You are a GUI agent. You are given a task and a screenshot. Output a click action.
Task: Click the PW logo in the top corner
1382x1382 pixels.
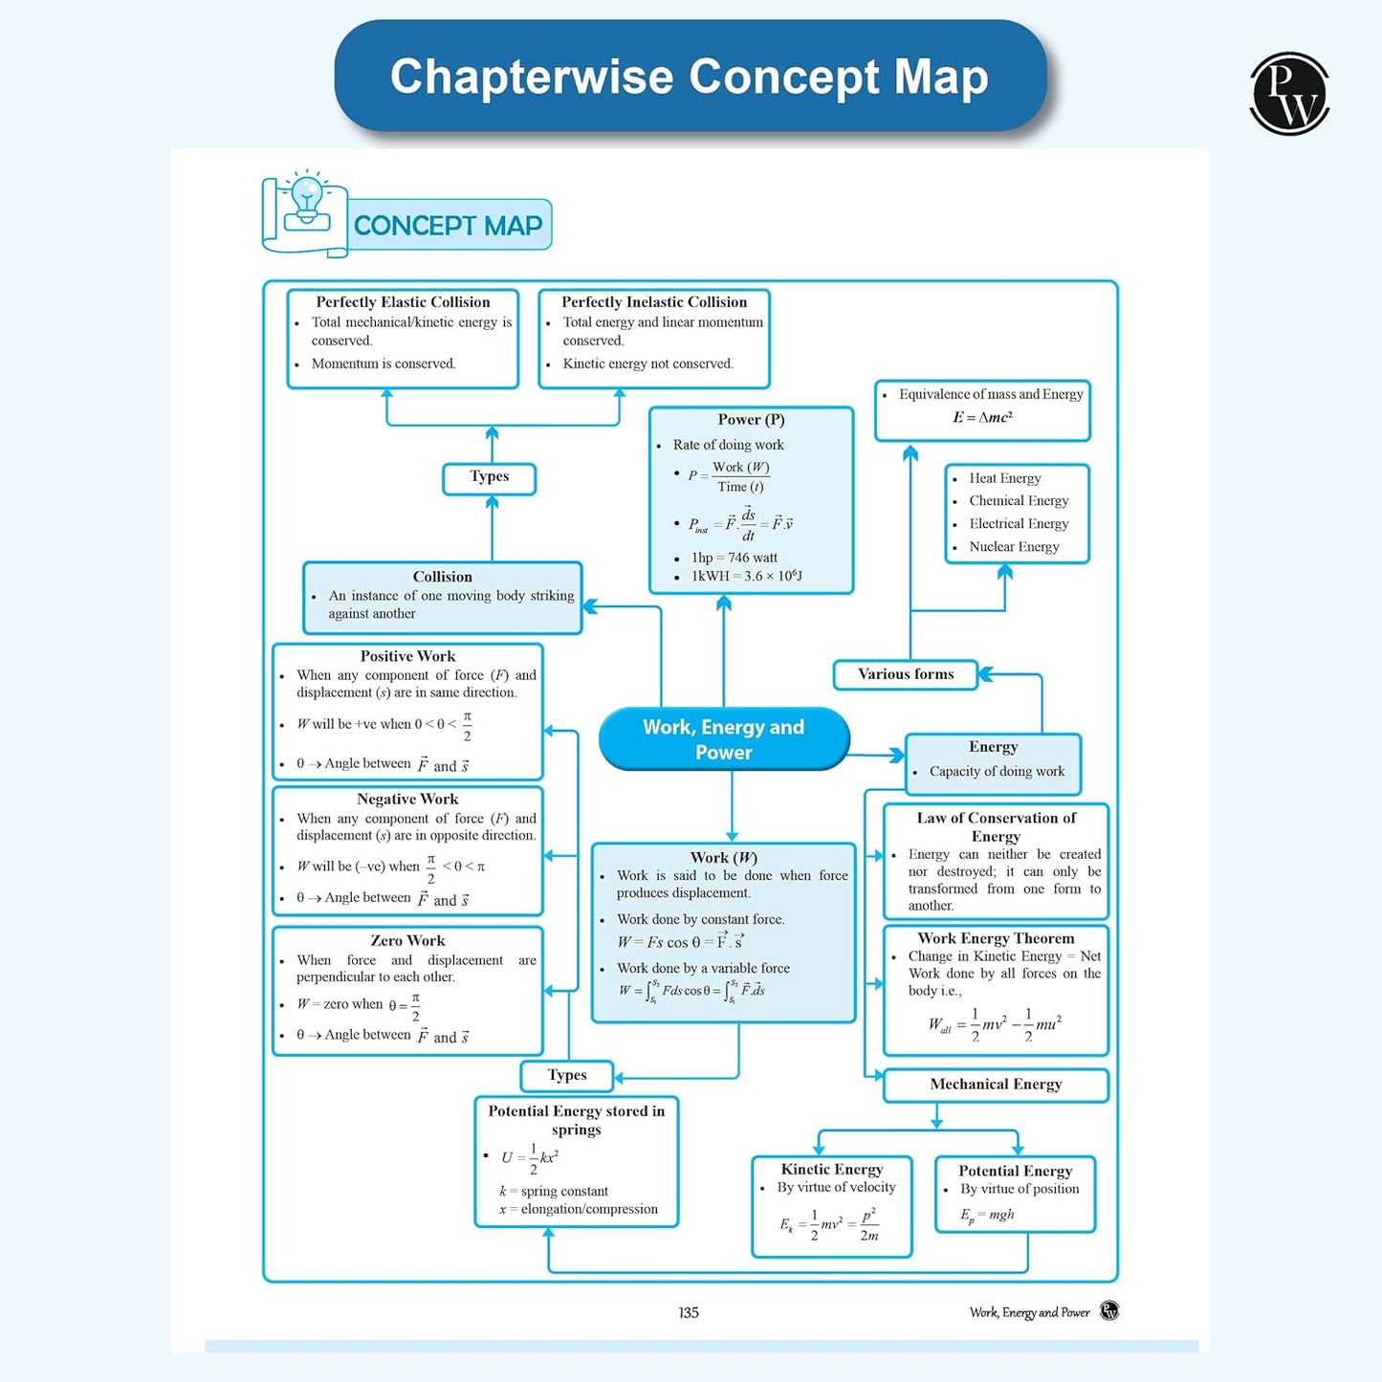pyautogui.click(x=1289, y=94)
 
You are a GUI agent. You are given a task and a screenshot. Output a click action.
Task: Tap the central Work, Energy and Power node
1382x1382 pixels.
pyautogui.click(x=723, y=739)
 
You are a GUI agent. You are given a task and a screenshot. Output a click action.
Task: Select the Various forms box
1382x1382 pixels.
pyautogui.click(x=906, y=674)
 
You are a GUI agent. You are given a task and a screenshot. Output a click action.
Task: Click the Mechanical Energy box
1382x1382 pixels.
pyautogui.click(x=996, y=1085)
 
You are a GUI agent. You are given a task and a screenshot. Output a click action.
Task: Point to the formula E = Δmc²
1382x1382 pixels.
pyautogui.click(x=982, y=418)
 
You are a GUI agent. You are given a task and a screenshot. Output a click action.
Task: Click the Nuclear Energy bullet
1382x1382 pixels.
pyautogui.click(x=1014, y=547)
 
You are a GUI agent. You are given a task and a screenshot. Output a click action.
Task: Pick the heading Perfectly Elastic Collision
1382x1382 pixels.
pyautogui.click(x=403, y=302)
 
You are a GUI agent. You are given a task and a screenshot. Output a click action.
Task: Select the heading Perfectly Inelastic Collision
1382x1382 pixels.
pyautogui.click(x=654, y=302)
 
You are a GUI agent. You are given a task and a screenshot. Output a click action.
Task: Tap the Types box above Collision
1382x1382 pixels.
pyautogui.click(x=489, y=477)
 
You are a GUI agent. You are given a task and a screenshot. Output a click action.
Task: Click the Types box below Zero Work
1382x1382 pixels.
pyautogui.click(x=567, y=1076)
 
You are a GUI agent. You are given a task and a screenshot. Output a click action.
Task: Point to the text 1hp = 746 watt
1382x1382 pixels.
pyautogui.click(x=735, y=558)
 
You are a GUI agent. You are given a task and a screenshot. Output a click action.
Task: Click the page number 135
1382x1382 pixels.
pyautogui.click(x=689, y=1313)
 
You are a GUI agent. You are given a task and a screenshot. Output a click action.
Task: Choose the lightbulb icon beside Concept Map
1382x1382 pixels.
pyautogui.click(x=307, y=199)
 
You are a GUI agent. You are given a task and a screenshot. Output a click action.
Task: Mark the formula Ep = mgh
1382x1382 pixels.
pyautogui.click(x=988, y=1216)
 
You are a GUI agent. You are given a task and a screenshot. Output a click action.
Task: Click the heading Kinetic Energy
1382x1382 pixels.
pyautogui.click(x=832, y=1170)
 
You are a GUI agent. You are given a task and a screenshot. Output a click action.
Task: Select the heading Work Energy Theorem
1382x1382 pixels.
pyautogui.click(x=996, y=939)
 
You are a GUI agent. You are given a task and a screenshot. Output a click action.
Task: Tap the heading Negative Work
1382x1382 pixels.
pyautogui.click(x=407, y=800)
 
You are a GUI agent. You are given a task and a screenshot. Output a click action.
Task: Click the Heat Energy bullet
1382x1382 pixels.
pyautogui.click(x=1005, y=478)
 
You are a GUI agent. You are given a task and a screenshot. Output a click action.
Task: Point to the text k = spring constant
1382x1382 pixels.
pyautogui.click(x=554, y=1192)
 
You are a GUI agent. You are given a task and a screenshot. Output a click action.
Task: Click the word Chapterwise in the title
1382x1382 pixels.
pyautogui.click(x=532, y=77)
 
